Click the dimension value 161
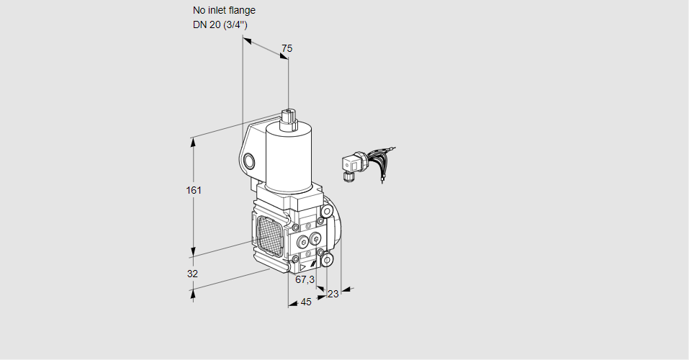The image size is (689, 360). tap(194, 190)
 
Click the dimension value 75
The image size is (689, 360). tap(287, 48)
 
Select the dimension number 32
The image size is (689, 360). tap(192, 274)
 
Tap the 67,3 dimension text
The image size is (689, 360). tap(305, 279)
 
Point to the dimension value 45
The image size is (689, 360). tap(306, 302)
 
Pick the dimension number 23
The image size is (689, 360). tap(333, 294)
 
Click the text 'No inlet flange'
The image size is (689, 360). tap(224, 11)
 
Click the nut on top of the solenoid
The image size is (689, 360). tap(289, 117)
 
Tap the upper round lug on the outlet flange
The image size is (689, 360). tap(327, 211)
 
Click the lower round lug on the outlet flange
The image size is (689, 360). tap(327, 259)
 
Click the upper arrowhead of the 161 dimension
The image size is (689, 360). tap(193, 141)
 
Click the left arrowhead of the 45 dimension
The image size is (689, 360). tap(292, 305)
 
